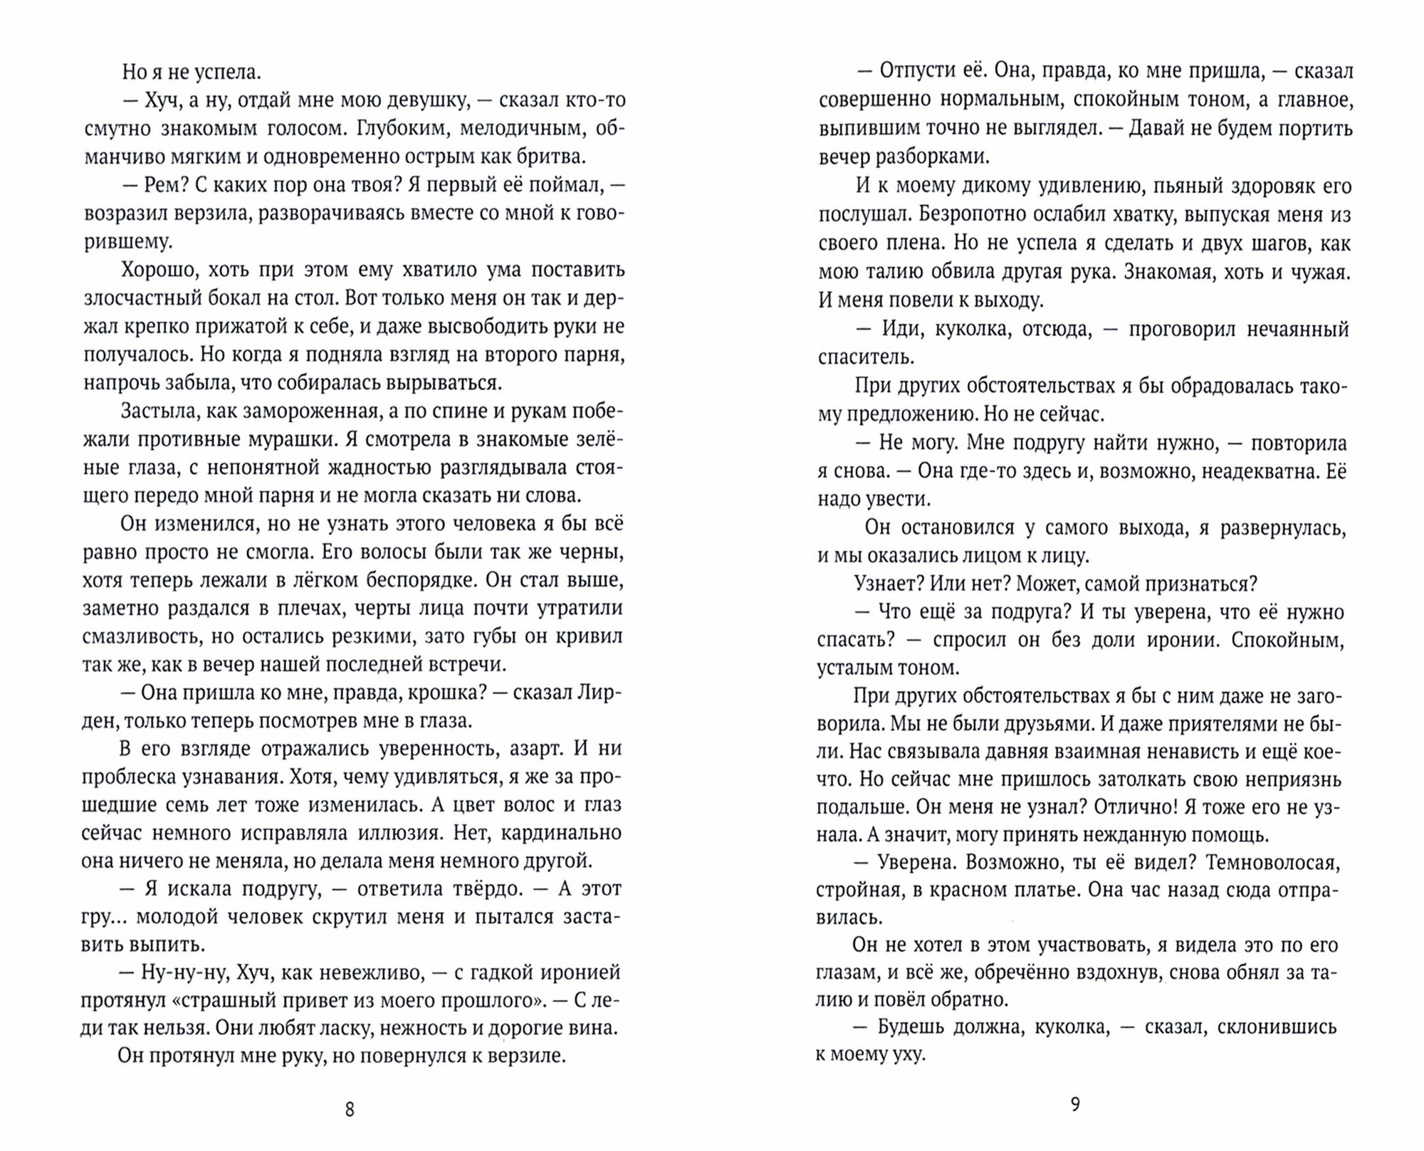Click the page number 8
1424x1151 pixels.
tap(349, 1110)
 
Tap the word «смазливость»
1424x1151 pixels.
tap(142, 636)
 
